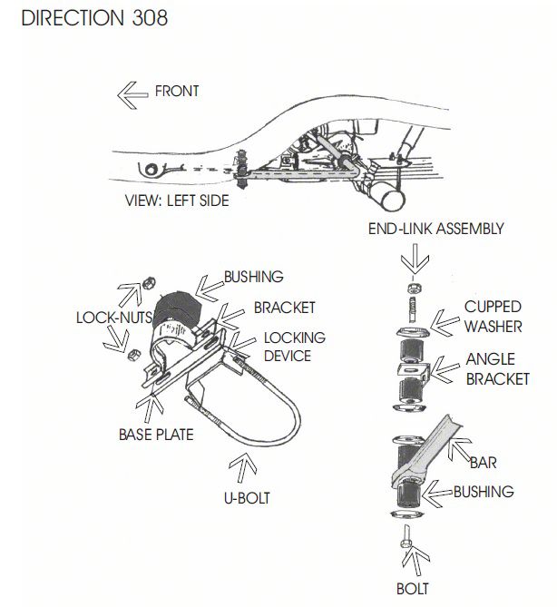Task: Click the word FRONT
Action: tap(176, 91)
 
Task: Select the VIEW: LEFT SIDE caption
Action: tap(176, 201)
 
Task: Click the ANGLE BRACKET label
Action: tap(496, 368)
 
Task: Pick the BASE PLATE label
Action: tap(156, 434)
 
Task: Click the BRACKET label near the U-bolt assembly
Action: tap(284, 307)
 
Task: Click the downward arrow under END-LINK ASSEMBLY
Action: tap(409, 259)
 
